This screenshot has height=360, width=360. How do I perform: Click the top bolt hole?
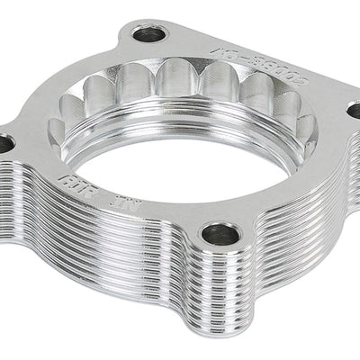148,35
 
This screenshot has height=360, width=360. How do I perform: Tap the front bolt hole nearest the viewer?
220,236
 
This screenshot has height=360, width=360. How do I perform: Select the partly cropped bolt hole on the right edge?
354,110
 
